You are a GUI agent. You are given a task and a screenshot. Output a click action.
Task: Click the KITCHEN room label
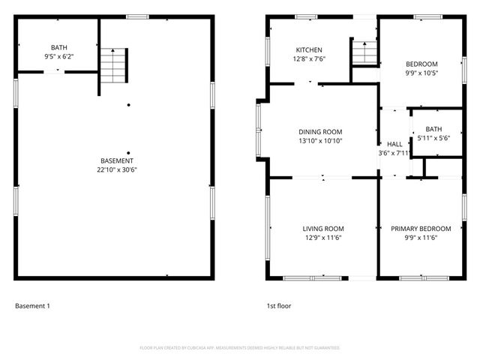pos(308,49)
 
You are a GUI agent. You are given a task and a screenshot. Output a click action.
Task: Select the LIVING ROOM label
pos(322,229)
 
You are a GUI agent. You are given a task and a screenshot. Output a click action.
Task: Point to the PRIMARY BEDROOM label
pos(421,229)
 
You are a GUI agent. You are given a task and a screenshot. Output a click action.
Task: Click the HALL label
pos(394,144)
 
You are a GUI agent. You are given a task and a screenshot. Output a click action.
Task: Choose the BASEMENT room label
pos(117,160)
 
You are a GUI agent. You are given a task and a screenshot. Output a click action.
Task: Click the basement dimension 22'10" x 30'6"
pos(117,169)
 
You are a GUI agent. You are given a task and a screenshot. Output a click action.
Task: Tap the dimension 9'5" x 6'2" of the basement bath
pos(58,56)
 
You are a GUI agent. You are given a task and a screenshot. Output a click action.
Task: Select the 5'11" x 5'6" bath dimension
pos(433,138)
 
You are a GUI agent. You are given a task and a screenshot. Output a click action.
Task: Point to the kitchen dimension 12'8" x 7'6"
pos(308,58)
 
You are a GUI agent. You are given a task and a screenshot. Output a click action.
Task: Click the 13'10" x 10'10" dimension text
pos(320,140)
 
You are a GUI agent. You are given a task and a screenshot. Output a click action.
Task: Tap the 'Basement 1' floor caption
pos(32,306)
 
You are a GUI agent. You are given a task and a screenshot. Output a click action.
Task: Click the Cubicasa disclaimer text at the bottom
pos(240,348)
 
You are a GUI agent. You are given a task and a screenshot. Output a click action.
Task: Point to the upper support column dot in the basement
pos(128,104)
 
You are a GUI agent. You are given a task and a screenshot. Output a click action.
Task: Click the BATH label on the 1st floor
pos(433,129)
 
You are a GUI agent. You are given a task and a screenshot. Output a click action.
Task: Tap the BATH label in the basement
pos(58,47)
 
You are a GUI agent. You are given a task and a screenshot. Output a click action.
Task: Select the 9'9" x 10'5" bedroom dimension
pos(421,73)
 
